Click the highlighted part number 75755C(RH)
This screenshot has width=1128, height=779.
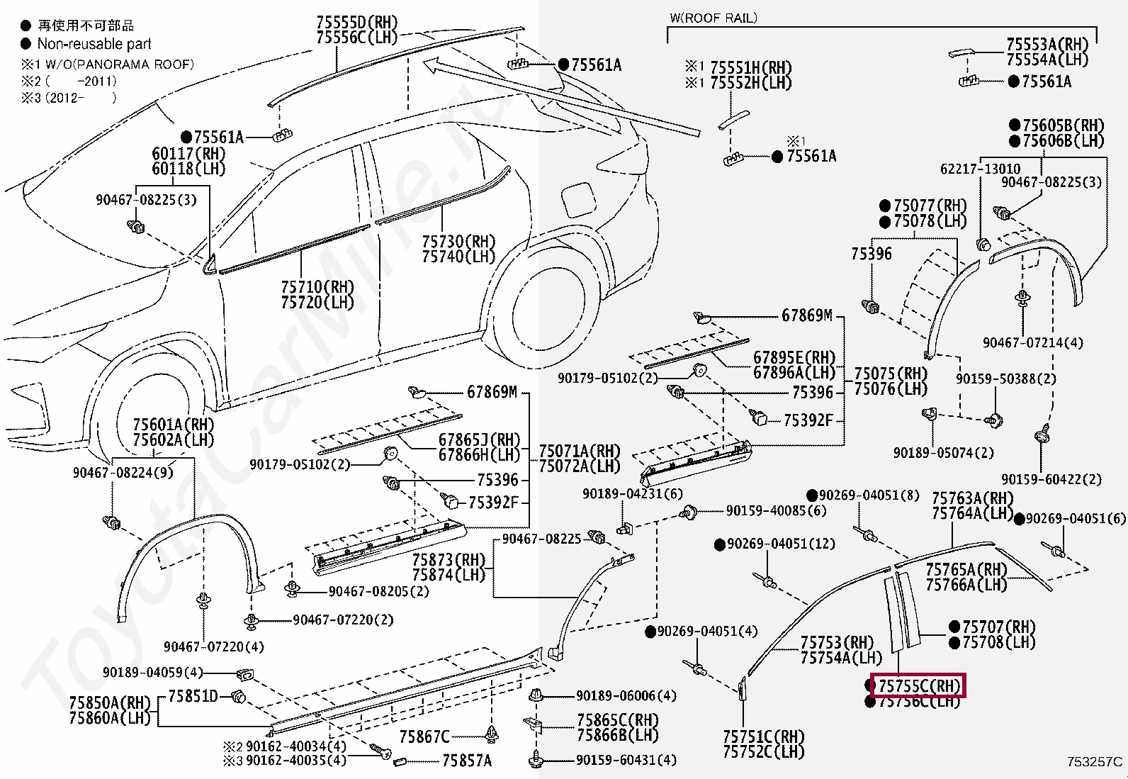coord(918,686)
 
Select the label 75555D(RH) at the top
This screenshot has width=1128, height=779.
coord(357,23)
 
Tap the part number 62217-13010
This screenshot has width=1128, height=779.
coord(980,169)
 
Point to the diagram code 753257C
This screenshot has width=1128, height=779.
coord(1094,762)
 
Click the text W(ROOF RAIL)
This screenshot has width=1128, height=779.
coord(713,18)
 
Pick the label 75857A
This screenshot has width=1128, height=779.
coord(466,761)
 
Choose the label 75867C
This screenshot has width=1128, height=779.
coord(424,737)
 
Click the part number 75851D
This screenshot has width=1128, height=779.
coord(193,696)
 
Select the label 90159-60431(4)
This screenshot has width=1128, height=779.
coord(626,760)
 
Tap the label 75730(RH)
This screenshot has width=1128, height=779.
coord(458,242)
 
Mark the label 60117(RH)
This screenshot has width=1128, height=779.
coord(188,154)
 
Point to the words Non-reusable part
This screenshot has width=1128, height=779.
coord(94,44)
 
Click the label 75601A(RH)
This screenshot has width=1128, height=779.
coord(174,425)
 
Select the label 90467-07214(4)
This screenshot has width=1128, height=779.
coord(1032,343)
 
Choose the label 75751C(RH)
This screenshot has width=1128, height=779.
coord(763,736)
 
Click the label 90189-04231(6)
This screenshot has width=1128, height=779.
coord(633,494)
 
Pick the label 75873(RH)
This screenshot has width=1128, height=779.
coord(449,560)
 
